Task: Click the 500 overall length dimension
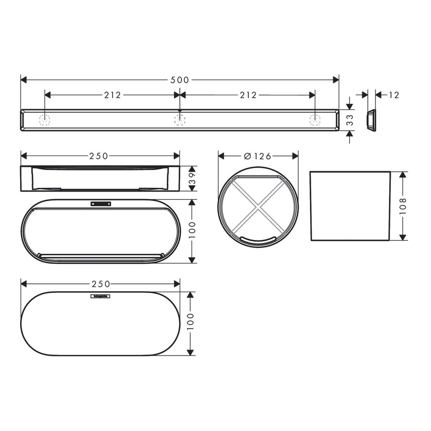point(180,80)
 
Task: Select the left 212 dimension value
point(112,95)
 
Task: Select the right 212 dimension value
point(248,95)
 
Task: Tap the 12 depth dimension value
point(394,95)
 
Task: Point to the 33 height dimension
point(350,120)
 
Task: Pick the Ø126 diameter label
point(258,156)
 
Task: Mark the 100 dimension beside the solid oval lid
point(191,323)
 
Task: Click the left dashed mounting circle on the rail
point(45,120)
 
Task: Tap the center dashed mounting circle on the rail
point(180,120)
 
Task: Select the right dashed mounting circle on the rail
point(315,120)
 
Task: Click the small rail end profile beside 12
point(371,120)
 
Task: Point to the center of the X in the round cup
point(258,207)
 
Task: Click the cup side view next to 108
point(351,205)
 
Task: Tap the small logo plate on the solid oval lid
point(101,296)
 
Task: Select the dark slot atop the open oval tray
point(101,204)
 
